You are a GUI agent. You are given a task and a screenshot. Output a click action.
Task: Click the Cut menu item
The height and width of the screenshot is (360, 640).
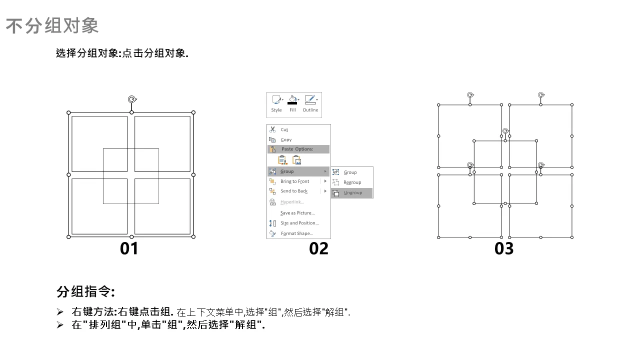click(284, 129)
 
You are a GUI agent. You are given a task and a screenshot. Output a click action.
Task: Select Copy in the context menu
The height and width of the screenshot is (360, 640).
click(286, 139)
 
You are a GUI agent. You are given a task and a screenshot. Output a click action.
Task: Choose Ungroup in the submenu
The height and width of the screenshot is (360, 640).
click(352, 193)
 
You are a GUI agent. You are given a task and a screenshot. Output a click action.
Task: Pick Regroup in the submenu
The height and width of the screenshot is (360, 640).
click(352, 182)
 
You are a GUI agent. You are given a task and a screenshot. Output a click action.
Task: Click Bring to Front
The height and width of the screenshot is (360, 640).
click(294, 181)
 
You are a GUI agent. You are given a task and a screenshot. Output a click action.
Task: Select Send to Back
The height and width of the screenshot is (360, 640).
click(293, 191)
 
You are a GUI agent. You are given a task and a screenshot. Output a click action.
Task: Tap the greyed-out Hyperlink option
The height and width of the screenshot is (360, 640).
click(292, 202)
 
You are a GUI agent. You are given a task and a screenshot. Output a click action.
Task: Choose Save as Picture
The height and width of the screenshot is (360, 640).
click(297, 213)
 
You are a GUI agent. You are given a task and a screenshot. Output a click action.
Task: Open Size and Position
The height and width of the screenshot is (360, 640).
click(299, 223)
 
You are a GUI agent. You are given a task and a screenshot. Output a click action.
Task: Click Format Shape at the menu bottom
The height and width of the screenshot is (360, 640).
click(297, 233)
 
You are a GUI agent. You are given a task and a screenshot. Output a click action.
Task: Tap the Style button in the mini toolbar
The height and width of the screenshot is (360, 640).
click(276, 103)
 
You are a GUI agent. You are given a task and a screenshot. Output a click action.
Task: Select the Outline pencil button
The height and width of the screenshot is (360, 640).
click(310, 103)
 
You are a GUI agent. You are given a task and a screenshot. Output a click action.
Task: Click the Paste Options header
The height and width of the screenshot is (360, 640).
click(297, 149)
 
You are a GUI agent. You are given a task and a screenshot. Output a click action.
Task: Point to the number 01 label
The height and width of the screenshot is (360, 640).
click(129, 248)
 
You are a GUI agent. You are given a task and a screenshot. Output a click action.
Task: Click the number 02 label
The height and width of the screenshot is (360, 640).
click(318, 248)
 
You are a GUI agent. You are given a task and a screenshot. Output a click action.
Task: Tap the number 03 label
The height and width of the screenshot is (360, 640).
click(504, 248)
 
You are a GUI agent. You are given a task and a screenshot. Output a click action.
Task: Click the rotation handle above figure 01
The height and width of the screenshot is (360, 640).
click(132, 99)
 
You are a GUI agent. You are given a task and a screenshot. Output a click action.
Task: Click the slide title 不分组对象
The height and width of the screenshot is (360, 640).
click(52, 25)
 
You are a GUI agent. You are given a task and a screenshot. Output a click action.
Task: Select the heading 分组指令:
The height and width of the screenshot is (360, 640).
click(85, 291)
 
